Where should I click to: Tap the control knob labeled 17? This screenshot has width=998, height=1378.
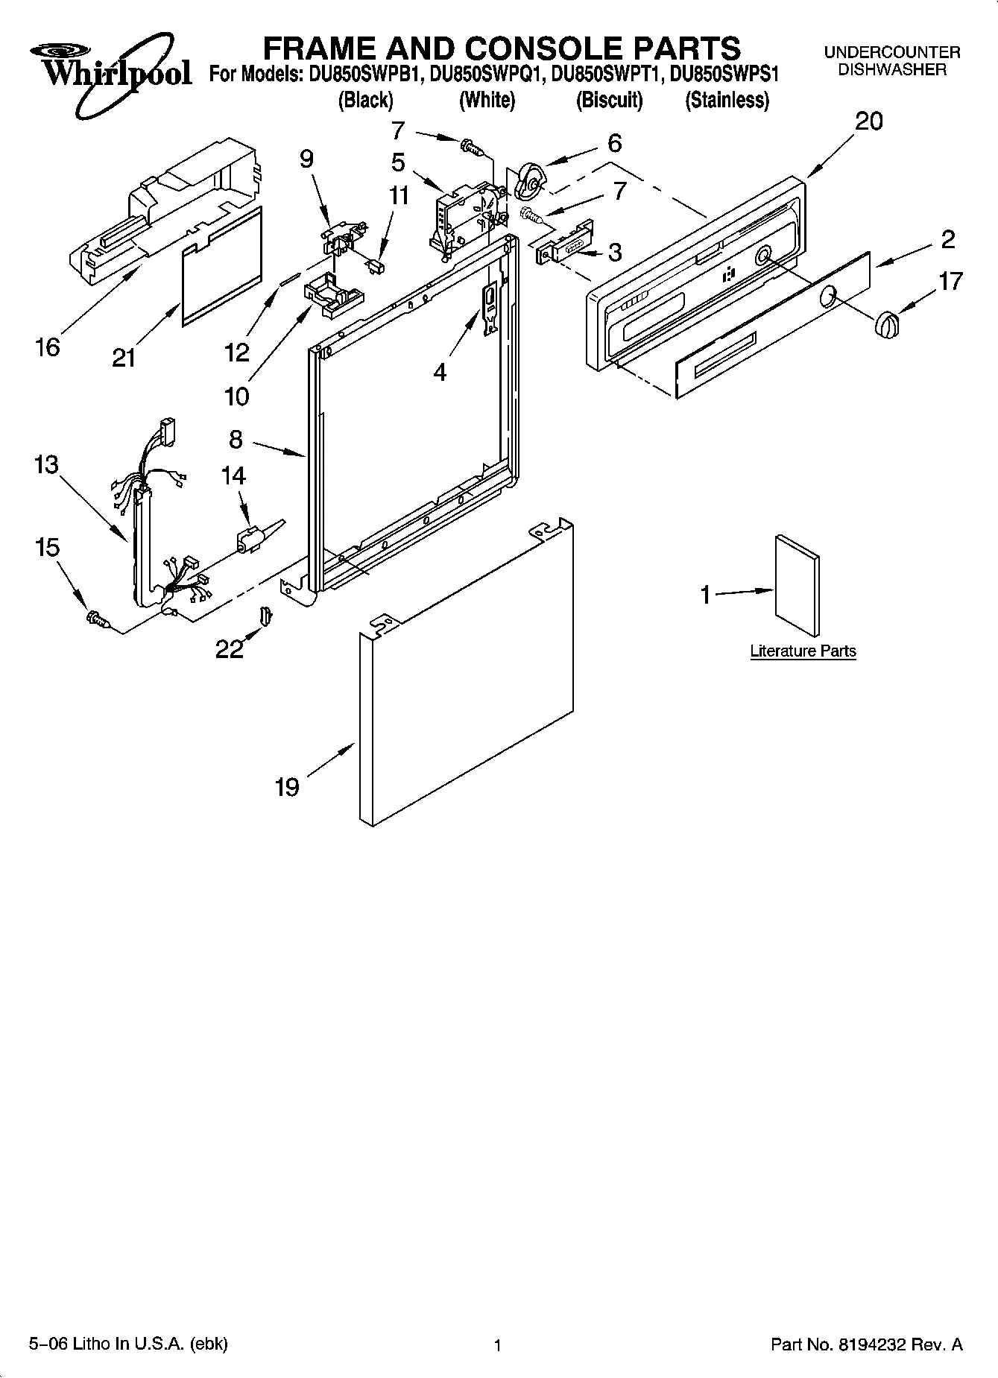tap(885, 326)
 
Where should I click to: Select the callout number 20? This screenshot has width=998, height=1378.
tap(868, 121)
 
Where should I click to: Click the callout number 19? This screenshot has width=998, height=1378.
tap(287, 787)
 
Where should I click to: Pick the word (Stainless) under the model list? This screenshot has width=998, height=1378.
tap(727, 100)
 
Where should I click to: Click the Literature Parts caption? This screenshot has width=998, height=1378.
tap(803, 651)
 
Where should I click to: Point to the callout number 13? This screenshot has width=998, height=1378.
tap(45, 464)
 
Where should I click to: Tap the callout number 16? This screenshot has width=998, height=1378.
tap(48, 347)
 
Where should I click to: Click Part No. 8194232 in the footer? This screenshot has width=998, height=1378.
tap(866, 1344)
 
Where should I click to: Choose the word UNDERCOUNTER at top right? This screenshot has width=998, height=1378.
tap(891, 52)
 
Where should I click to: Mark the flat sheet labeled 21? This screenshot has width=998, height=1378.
tap(222, 268)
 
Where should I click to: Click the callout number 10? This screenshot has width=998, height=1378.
tap(236, 396)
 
